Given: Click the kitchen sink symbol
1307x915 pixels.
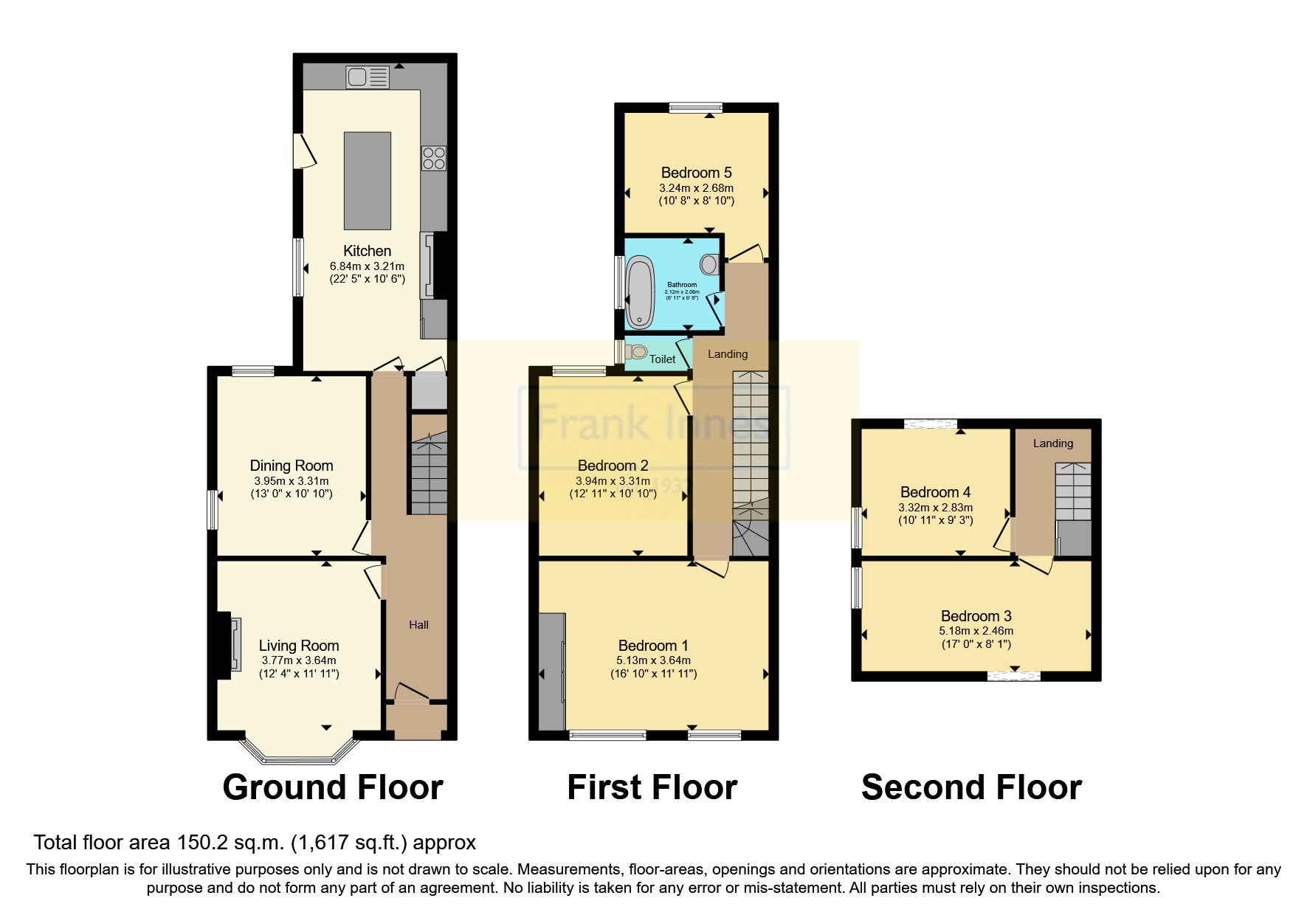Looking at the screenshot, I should [368, 77].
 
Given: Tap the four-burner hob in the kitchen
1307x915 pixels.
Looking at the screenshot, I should [433, 158].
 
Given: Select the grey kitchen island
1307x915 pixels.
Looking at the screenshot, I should [368, 181].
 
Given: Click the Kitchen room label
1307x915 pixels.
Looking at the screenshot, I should [367, 251].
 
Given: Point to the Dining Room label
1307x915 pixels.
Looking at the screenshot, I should [292, 466].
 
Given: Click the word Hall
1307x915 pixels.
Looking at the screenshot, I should [418, 625].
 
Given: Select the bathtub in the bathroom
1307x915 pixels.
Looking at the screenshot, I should [639, 292].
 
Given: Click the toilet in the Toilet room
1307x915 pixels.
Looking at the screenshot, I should [636, 352].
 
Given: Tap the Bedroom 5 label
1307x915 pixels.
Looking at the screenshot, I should [696, 173].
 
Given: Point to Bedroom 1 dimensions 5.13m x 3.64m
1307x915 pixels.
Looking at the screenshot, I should [653, 660].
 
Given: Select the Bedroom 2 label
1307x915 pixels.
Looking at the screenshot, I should [613, 466].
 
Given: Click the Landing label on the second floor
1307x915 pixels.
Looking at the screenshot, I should [1052, 443].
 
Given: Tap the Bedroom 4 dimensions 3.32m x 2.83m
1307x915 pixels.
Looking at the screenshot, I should [935, 508].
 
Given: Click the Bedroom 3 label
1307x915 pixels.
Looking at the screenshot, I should [976, 616].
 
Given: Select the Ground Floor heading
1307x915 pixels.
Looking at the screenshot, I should [332, 787].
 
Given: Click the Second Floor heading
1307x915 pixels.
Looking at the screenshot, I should [971, 787].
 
